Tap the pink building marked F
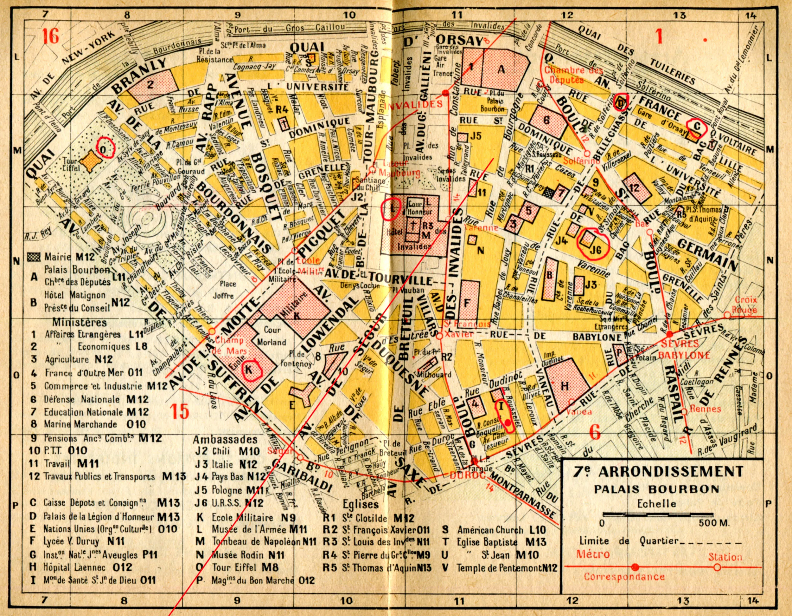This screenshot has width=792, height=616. (x=467, y=303)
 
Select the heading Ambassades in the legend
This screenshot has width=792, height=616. (x=225, y=439)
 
